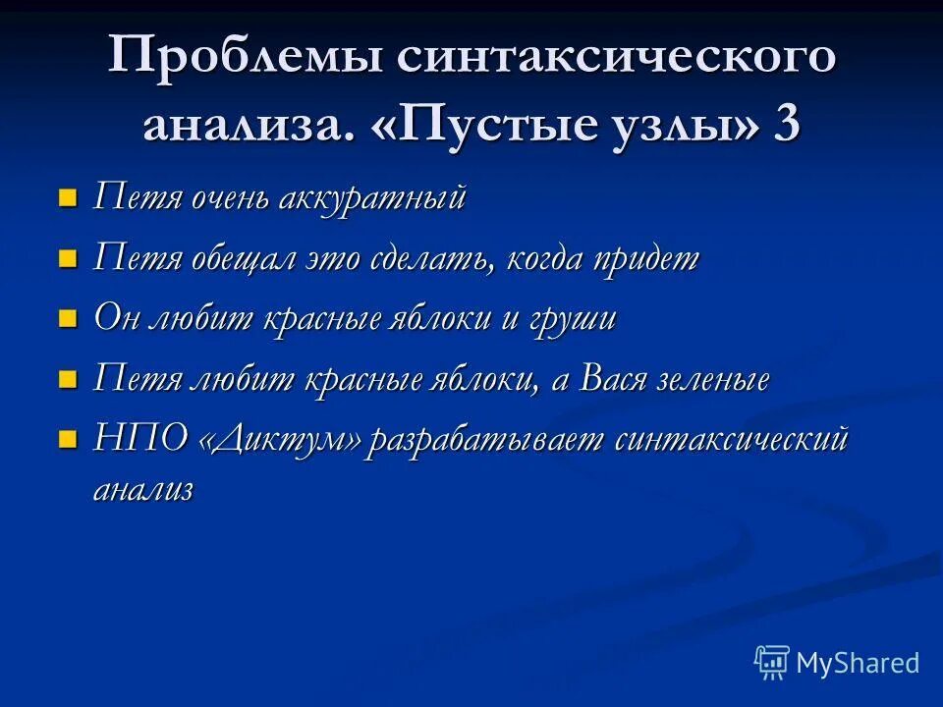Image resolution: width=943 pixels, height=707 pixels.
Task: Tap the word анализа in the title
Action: pyautogui.click(x=248, y=127)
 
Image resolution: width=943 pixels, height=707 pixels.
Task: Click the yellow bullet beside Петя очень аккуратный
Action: pyautogui.click(x=68, y=198)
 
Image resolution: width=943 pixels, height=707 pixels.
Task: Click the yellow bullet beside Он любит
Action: pyautogui.click(x=68, y=319)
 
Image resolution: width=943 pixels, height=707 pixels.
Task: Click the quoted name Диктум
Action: pyautogui.click(x=280, y=440)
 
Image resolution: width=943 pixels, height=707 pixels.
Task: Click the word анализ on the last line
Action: pyautogui.click(x=143, y=489)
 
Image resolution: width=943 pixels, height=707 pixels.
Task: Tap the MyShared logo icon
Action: pyautogui.click(x=772, y=662)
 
